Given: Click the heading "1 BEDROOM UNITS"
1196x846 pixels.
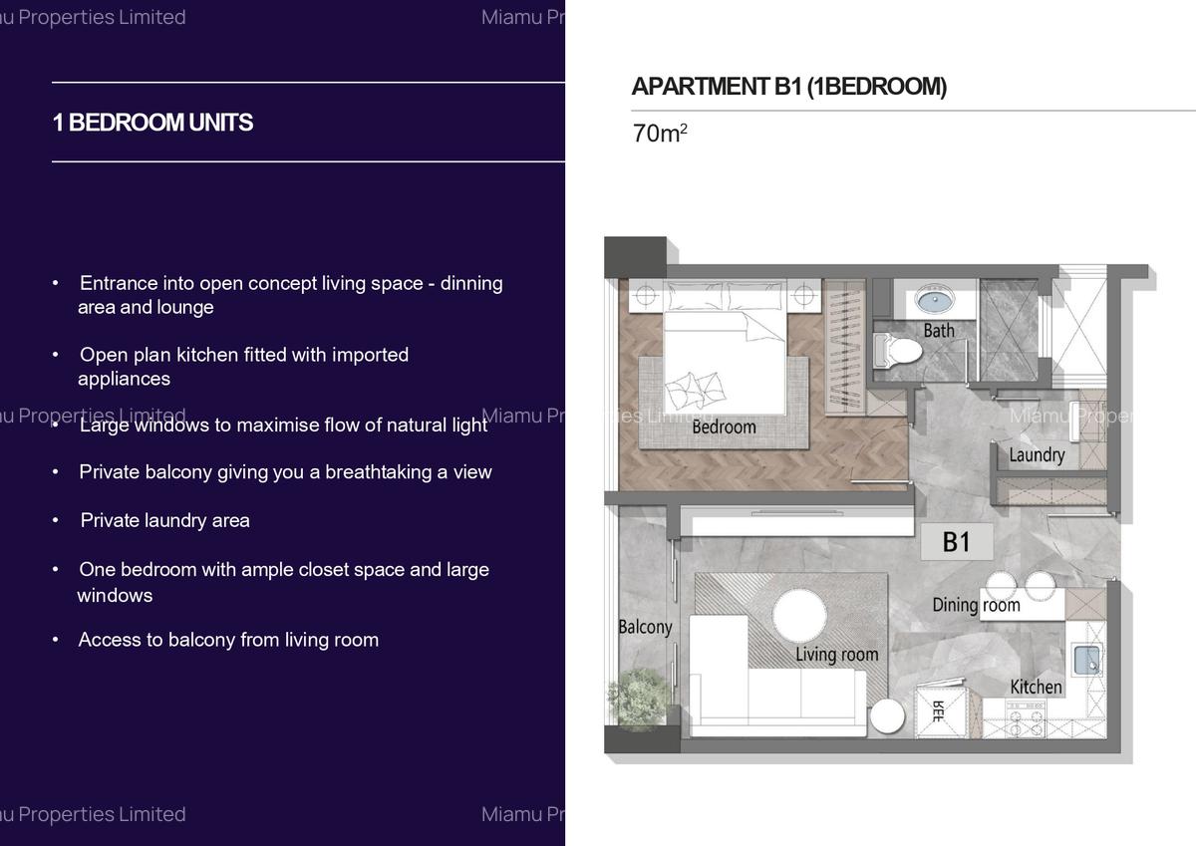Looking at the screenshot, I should coord(152,123).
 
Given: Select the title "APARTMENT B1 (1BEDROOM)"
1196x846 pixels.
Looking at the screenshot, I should coord(788,87).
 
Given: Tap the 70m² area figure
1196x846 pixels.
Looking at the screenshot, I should coord(659,134).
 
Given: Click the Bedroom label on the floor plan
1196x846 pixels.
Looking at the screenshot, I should coord(724,426).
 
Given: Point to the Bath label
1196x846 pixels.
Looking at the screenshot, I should coord(938,330).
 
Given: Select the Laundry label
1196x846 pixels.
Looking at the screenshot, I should coord(1037,455).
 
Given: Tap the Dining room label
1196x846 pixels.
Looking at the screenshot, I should coord(976,605).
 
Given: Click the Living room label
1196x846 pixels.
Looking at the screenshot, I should coord(836,655).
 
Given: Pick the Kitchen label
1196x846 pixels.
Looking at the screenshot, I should coord(1036,687).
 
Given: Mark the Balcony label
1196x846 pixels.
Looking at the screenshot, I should coord(645,627).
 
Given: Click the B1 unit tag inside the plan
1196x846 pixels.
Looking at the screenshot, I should coord(956,541).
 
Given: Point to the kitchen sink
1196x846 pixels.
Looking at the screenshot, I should coord(1086,659).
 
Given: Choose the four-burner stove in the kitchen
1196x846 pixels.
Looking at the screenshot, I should coord(1025,718).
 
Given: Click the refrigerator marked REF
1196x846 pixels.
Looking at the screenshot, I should coord(939,711).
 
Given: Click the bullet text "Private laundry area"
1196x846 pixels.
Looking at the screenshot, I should coord(164,520).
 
